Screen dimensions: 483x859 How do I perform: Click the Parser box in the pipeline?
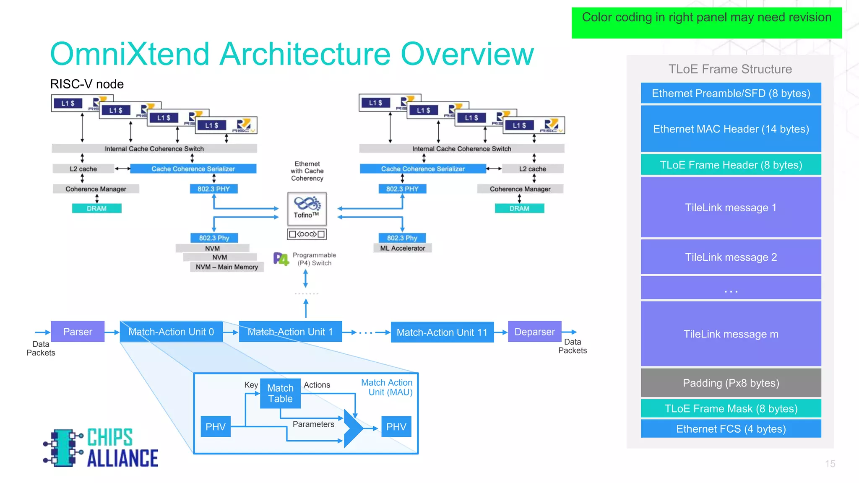tap(78, 332)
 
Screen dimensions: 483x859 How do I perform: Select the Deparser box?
tap(534, 332)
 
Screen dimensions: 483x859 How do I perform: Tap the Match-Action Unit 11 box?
tap(442, 332)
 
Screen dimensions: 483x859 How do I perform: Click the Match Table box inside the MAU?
tap(280, 393)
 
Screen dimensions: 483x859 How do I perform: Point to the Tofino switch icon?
tap(307, 208)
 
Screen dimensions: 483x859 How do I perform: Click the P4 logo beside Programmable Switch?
tap(281, 259)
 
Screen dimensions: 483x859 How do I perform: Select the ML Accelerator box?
tap(402, 248)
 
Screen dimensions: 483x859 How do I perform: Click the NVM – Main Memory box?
tap(227, 267)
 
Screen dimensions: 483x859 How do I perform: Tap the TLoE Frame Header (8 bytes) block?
tap(731, 165)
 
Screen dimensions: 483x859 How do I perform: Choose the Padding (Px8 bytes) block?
tap(731, 383)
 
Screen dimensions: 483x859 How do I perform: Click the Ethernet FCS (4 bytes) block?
tap(731, 429)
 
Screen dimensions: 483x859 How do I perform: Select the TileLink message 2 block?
tap(731, 257)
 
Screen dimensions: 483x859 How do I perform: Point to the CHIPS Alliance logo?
tap(101, 448)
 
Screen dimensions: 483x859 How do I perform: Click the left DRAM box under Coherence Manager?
tap(96, 208)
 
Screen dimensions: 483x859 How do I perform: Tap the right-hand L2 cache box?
tap(532, 169)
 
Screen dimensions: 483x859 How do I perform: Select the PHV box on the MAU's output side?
tap(396, 427)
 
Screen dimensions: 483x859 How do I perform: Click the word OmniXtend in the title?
tap(130, 54)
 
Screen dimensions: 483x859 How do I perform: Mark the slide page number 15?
tap(830, 464)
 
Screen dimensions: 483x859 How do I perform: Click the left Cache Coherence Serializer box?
tap(193, 169)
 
